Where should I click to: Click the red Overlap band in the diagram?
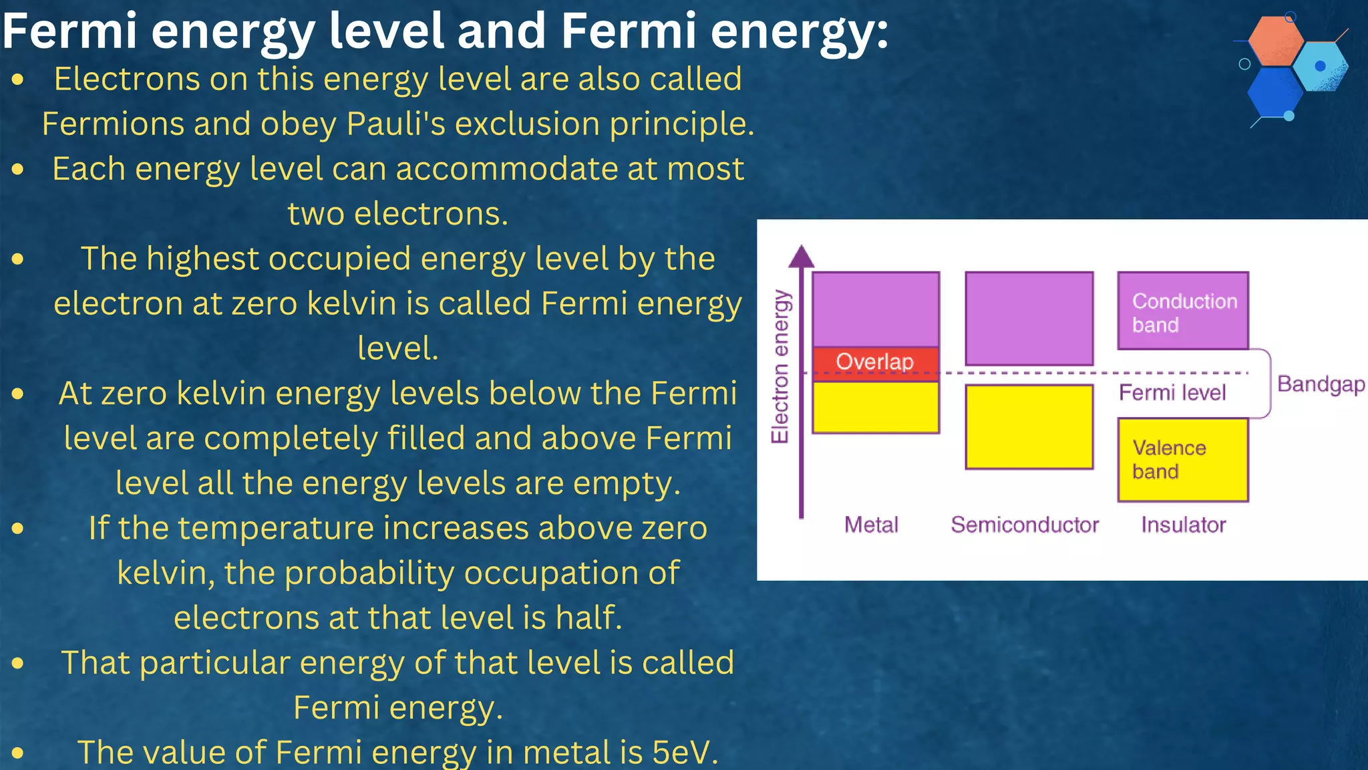tap(875, 362)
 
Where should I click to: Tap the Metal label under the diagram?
tap(871, 525)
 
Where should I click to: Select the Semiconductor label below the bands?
tap(1025, 525)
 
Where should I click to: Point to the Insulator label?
tap(1183, 525)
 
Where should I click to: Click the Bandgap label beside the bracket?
tap(1321, 384)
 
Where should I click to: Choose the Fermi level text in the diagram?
tap(1172, 392)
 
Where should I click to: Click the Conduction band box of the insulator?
tap(1183, 311)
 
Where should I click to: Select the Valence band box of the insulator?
tap(1183, 460)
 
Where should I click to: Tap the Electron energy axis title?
tap(780, 366)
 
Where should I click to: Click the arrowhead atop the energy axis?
tap(802, 257)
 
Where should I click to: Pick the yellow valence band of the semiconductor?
tap(1029, 426)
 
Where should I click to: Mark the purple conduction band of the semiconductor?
tap(1029, 317)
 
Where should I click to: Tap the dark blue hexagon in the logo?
tap(1274, 92)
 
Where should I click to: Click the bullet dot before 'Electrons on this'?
tap(18, 80)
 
